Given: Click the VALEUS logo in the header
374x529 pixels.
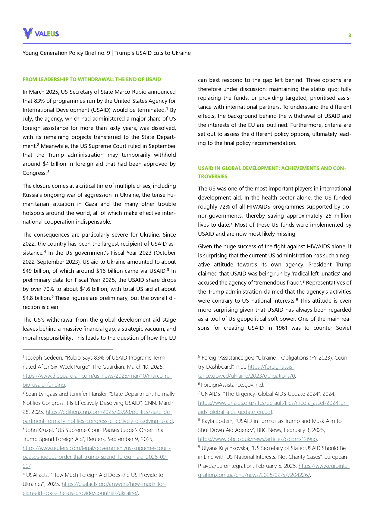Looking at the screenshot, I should (x=41, y=33).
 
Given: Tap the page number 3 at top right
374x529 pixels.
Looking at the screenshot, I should (x=350, y=35).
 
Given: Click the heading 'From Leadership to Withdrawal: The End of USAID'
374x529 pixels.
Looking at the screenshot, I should (x=92, y=79).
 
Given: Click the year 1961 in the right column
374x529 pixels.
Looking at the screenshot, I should (x=281, y=328).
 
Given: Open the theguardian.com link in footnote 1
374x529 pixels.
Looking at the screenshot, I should (x=97, y=376).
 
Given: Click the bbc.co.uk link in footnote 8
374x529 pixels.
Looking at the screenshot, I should (x=257, y=439).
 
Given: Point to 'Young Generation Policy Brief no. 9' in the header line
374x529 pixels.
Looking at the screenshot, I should (x=66, y=53).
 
